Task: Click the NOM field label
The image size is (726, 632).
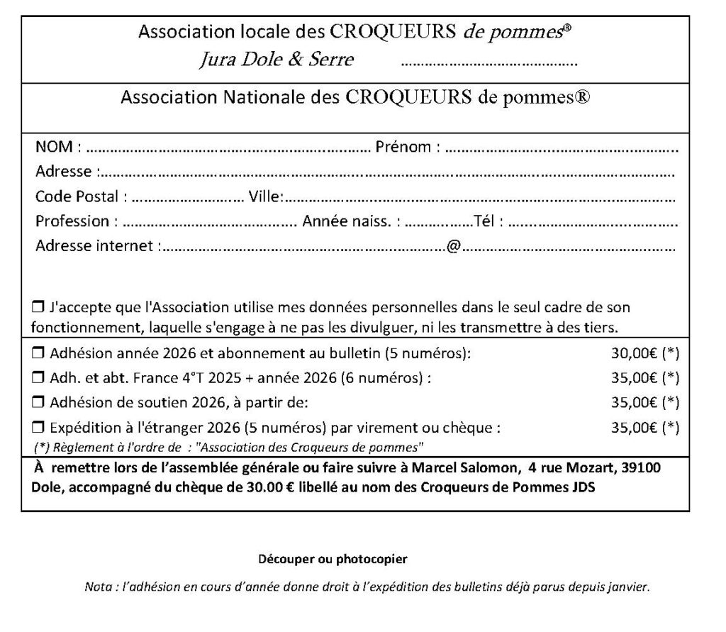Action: tap(54, 148)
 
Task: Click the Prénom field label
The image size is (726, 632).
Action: tap(403, 148)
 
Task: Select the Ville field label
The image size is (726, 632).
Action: tap(264, 196)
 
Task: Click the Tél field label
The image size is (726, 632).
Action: tap(488, 221)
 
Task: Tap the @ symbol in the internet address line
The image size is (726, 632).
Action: tap(454, 246)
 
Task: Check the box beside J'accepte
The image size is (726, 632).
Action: tap(38, 308)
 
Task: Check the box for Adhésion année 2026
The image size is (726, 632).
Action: tap(38, 352)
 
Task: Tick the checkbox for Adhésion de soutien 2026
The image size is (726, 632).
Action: tap(38, 403)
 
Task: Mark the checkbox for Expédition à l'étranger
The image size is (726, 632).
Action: tap(38, 428)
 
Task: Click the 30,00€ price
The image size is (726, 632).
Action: tap(634, 352)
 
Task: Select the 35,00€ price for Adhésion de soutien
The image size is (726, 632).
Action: tap(634, 403)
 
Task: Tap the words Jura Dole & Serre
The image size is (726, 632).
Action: tap(276, 60)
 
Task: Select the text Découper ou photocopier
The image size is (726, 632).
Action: tap(333, 559)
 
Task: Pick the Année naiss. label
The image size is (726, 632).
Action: tap(348, 221)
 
